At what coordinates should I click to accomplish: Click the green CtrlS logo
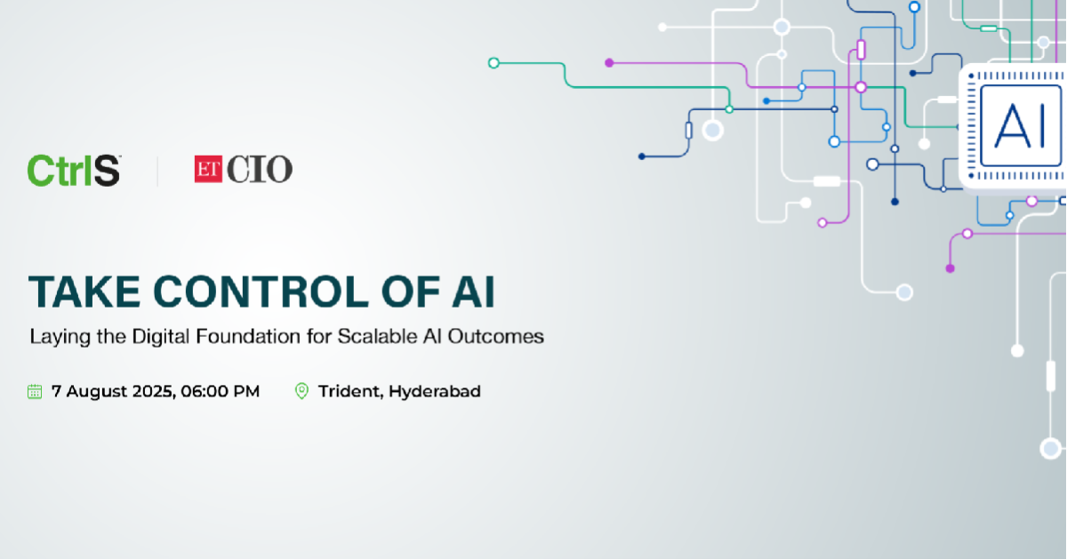tap(74, 170)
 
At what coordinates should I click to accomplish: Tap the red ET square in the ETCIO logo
tap(208, 169)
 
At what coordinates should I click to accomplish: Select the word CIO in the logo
tap(260, 169)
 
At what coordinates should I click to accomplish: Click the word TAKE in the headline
tap(84, 292)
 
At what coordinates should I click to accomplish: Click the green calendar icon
tap(35, 391)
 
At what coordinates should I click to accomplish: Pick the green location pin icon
tap(301, 391)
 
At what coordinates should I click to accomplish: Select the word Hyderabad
tap(435, 391)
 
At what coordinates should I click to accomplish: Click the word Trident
tap(350, 391)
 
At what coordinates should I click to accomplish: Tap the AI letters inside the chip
tap(1019, 126)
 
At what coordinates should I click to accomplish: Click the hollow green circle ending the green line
tap(493, 63)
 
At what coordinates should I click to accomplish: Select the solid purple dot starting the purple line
tap(609, 63)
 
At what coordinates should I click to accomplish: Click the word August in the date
tap(97, 392)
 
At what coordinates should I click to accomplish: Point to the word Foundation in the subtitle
tap(248, 336)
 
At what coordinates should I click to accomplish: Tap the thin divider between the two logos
tap(157, 171)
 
